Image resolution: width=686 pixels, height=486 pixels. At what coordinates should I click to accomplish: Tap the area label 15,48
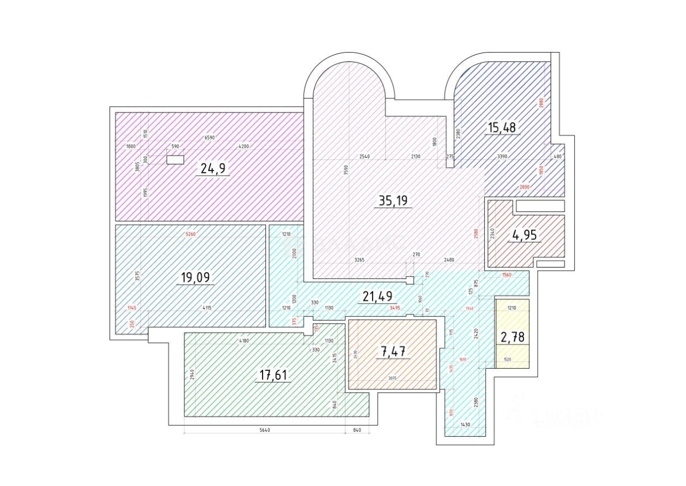click(x=502, y=128)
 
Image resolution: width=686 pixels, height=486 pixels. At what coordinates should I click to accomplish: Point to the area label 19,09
click(x=195, y=277)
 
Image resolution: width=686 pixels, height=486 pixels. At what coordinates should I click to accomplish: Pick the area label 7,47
click(x=394, y=351)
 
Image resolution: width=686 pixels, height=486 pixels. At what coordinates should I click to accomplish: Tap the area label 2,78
click(x=513, y=337)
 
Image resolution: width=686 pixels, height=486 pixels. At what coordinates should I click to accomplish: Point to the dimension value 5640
click(x=264, y=430)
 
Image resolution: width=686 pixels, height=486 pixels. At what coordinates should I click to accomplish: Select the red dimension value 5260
click(x=190, y=235)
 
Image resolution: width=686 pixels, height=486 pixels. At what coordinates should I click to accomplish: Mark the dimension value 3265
click(x=359, y=260)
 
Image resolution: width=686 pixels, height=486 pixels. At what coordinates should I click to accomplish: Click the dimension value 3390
click(x=503, y=157)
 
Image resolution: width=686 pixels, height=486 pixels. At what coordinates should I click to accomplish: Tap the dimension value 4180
click(x=244, y=341)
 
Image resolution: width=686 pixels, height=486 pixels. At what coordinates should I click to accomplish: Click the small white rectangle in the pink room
click(x=175, y=160)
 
